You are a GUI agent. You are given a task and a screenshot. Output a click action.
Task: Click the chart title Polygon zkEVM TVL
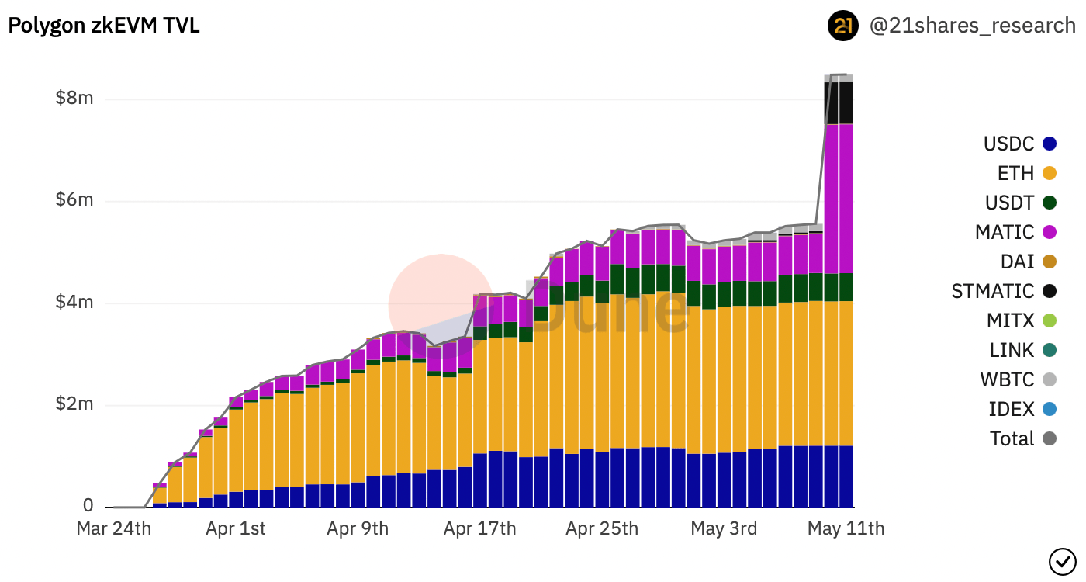pos(104,26)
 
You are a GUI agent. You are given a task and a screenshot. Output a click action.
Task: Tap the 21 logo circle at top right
pos(843,26)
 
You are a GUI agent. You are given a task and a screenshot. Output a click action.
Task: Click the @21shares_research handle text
pos(973,26)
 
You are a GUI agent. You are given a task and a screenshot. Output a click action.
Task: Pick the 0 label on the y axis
pos(88,506)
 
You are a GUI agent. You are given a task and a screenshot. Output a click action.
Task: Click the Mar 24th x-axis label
pos(113,529)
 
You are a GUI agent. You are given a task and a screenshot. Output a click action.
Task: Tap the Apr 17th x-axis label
pos(479,529)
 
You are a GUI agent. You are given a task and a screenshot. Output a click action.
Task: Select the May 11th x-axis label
pos(846,529)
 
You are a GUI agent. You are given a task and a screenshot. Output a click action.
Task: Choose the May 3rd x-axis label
pos(724,529)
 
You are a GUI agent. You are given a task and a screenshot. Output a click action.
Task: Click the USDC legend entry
pos(1008,144)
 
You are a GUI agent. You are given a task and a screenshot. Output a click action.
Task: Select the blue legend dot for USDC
pos(1050,144)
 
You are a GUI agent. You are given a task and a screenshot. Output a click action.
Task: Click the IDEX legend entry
pos(1012,409)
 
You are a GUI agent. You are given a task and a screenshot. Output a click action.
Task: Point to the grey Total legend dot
pos(1050,438)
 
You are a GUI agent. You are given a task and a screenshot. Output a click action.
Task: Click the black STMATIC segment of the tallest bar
pos(839,102)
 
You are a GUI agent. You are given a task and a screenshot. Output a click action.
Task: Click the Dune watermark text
pos(605,309)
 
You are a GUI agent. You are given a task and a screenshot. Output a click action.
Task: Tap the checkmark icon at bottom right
pos(1060,559)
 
